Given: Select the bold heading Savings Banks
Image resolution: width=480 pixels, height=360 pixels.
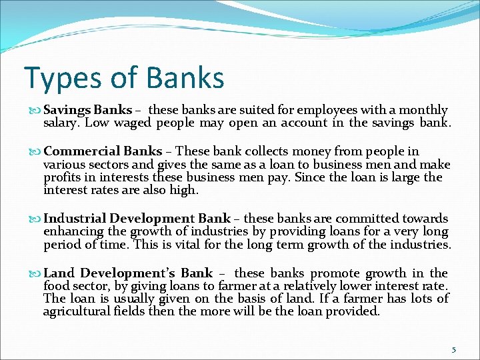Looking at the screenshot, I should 87,110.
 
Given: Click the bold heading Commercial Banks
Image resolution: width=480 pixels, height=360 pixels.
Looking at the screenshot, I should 103,151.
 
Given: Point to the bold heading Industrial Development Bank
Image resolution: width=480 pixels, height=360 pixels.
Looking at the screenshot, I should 137,219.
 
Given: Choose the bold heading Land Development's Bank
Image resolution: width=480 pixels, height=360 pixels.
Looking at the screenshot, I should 128,273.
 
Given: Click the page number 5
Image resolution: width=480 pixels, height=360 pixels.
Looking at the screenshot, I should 454,349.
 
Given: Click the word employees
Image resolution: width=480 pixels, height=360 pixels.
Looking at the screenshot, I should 329,110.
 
